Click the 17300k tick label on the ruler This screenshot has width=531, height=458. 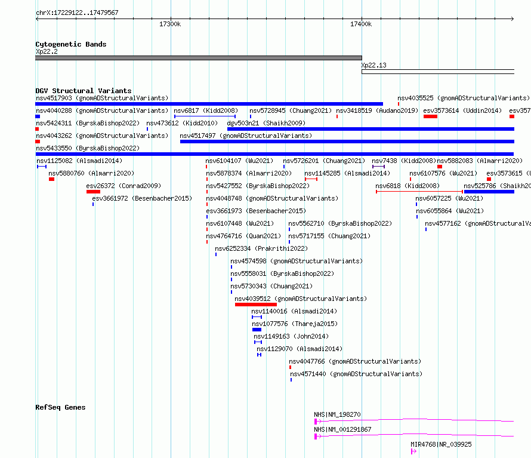point(170,24)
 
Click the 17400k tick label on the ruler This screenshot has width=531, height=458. point(361,24)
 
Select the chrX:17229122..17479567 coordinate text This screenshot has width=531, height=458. point(77,13)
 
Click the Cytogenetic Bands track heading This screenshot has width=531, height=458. point(71,44)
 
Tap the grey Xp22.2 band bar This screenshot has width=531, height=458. point(199,58)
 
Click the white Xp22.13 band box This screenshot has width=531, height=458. point(438,72)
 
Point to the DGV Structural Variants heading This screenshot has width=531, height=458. point(84,91)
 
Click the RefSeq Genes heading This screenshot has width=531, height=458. point(60,407)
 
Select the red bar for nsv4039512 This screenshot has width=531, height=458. point(256,305)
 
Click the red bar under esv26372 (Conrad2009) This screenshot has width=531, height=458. point(93,192)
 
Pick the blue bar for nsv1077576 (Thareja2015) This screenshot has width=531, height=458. point(257,330)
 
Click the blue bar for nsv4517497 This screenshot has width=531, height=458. point(347,142)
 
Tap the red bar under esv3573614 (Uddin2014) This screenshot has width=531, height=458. point(430,116)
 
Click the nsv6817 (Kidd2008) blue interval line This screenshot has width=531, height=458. point(205,116)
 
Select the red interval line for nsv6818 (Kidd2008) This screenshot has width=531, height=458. point(419,192)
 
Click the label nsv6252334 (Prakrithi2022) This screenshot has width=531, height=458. point(261,248)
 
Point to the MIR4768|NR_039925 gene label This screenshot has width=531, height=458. point(441,444)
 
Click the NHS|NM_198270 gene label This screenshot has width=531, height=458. point(337,414)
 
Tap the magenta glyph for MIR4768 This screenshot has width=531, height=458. point(413,451)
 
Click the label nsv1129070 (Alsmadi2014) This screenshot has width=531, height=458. point(300,349)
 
